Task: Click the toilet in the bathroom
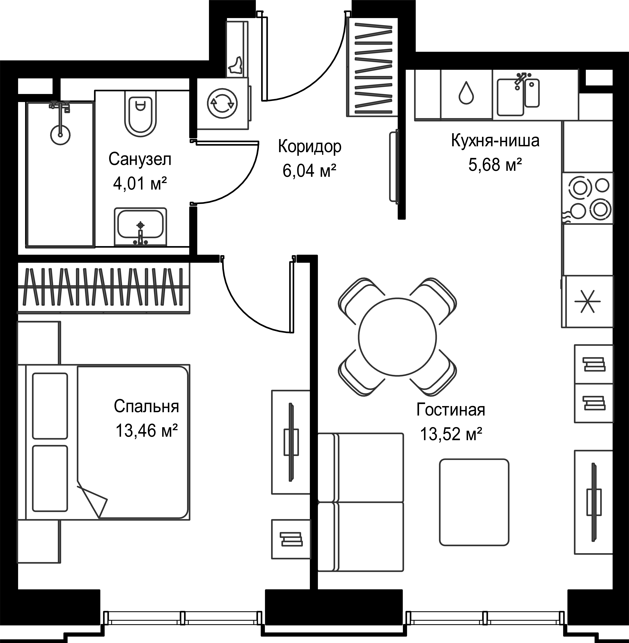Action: coord(140,114)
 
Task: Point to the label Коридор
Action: coord(310,147)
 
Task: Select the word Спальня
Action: coord(146,407)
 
